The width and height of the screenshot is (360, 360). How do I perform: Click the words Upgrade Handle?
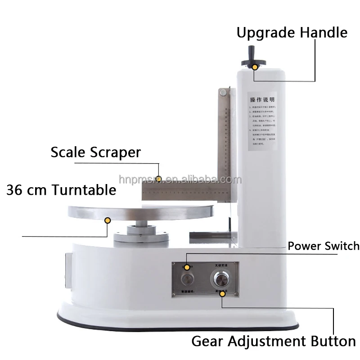click(x=292, y=33)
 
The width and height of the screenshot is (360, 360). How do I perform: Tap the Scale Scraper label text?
click(x=95, y=152)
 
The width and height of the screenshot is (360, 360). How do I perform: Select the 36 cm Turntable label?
click(x=61, y=189)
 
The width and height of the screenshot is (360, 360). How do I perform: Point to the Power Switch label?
click(x=324, y=246)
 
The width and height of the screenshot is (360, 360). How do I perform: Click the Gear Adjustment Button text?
click(x=274, y=341)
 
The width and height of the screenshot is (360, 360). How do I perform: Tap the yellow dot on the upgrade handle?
click(x=255, y=67)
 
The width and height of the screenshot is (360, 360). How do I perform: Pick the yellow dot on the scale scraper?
click(x=158, y=179)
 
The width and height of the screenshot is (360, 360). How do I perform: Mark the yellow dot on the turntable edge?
click(x=108, y=220)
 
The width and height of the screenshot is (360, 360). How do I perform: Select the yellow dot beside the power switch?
click(x=188, y=256)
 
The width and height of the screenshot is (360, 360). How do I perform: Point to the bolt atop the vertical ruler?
click(x=222, y=93)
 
